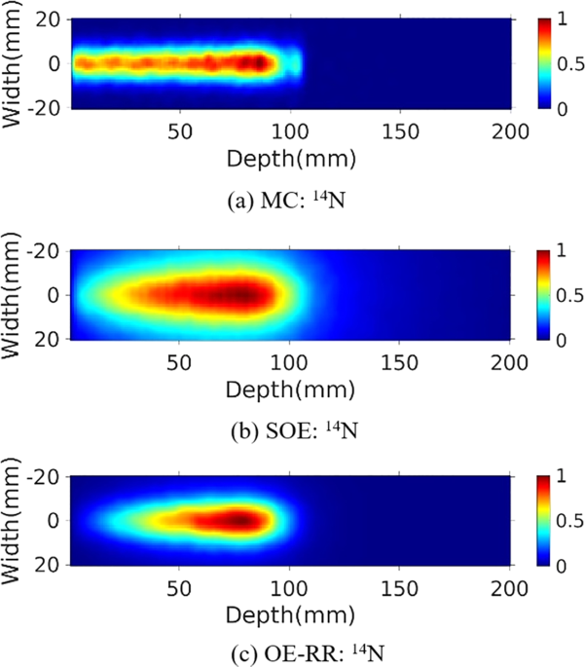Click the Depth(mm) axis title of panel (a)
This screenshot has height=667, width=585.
290,156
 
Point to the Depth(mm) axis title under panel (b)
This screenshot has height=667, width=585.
290,387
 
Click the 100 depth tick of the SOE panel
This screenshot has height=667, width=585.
289,361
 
